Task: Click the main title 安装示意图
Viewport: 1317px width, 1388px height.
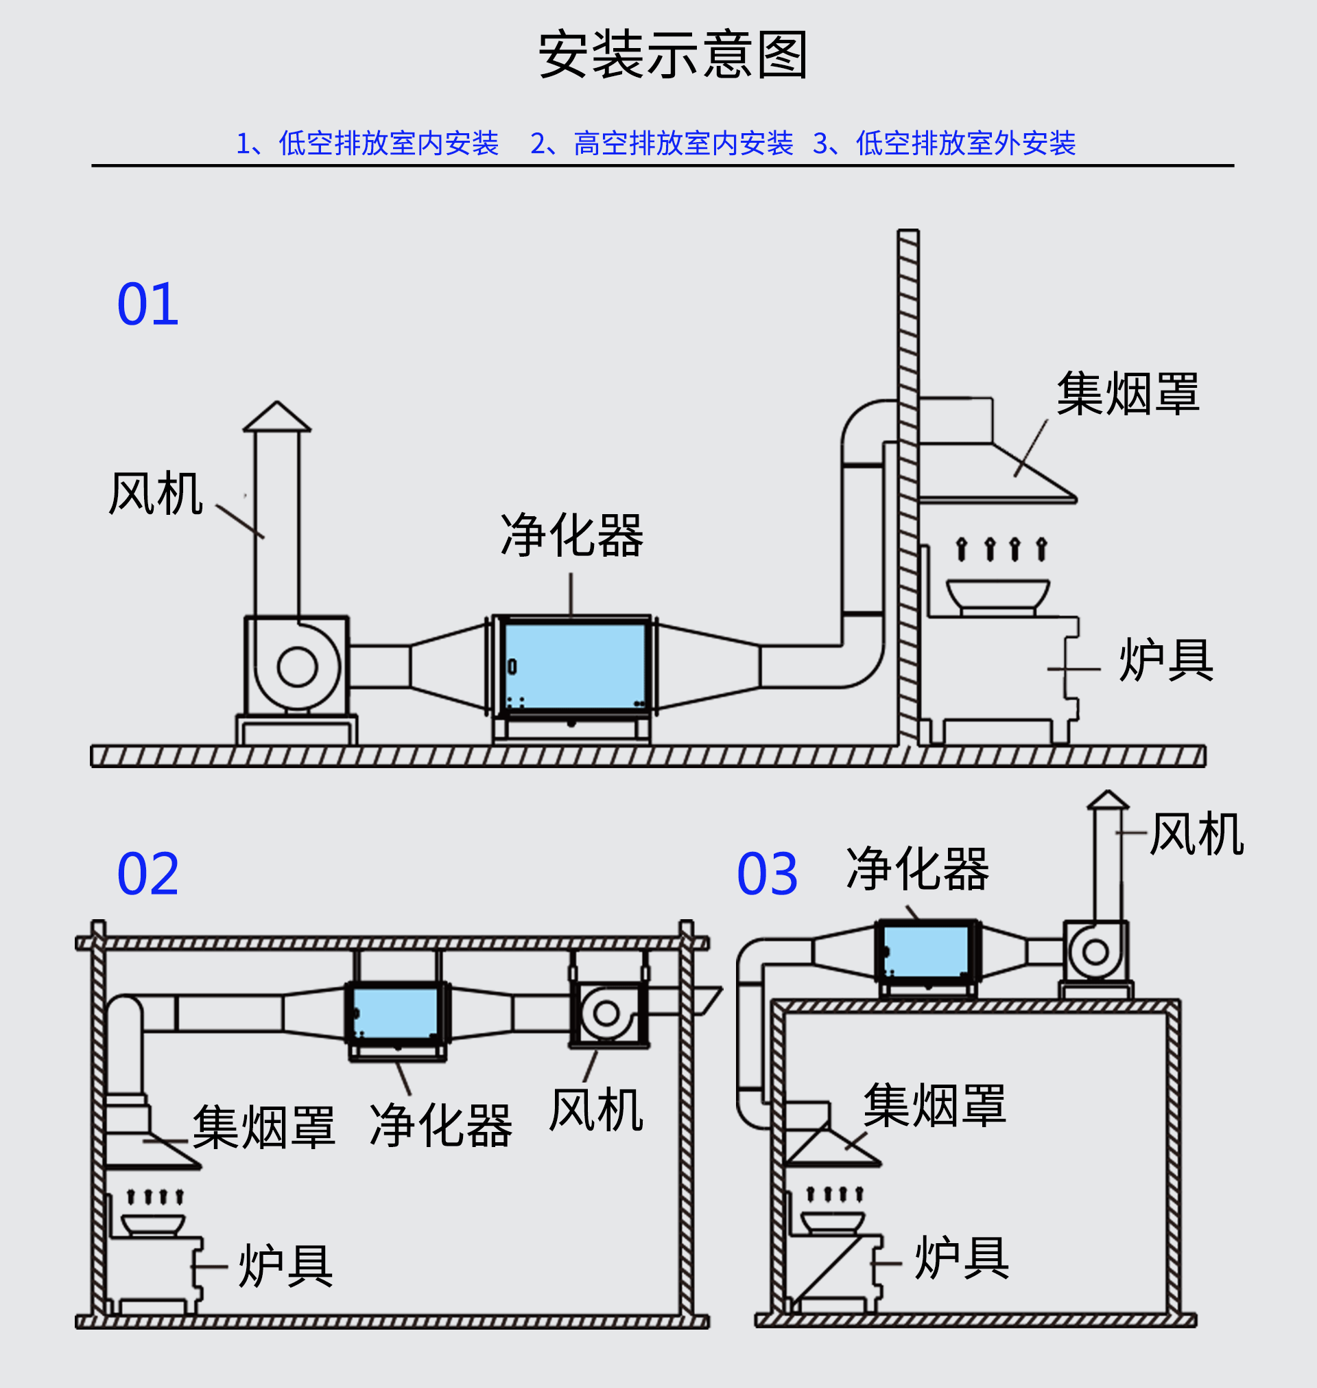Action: (672, 55)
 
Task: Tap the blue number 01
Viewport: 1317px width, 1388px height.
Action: (148, 305)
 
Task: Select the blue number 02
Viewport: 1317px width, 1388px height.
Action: (148, 874)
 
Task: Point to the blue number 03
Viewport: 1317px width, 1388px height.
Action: (768, 874)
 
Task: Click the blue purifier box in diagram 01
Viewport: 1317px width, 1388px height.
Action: (575, 666)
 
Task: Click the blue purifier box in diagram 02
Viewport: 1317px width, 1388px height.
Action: (395, 1013)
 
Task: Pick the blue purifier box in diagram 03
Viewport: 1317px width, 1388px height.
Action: (927, 951)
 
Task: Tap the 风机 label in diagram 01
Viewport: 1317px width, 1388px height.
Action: (156, 494)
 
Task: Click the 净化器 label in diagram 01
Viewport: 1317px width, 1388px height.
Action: (571, 536)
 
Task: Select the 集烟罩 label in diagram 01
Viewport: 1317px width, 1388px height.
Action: (1128, 394)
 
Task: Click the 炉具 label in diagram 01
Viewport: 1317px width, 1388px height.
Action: (1165, 660)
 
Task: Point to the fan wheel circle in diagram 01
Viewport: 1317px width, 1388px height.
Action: (298, 667)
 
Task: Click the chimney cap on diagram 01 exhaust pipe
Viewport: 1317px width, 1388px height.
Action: (276, 417)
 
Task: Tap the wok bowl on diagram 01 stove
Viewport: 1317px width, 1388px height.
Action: (997, 594)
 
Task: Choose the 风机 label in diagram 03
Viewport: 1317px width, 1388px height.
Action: (1196, 834)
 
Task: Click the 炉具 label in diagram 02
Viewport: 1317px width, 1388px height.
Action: (285, 1266)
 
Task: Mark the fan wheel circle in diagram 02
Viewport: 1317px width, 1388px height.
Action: (606, 1013)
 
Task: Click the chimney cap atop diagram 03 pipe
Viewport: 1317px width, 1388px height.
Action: (1108, 800)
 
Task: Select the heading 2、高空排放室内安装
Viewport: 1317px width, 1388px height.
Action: (661, 143)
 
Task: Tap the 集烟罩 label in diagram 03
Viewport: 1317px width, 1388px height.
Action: (934, 1106)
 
